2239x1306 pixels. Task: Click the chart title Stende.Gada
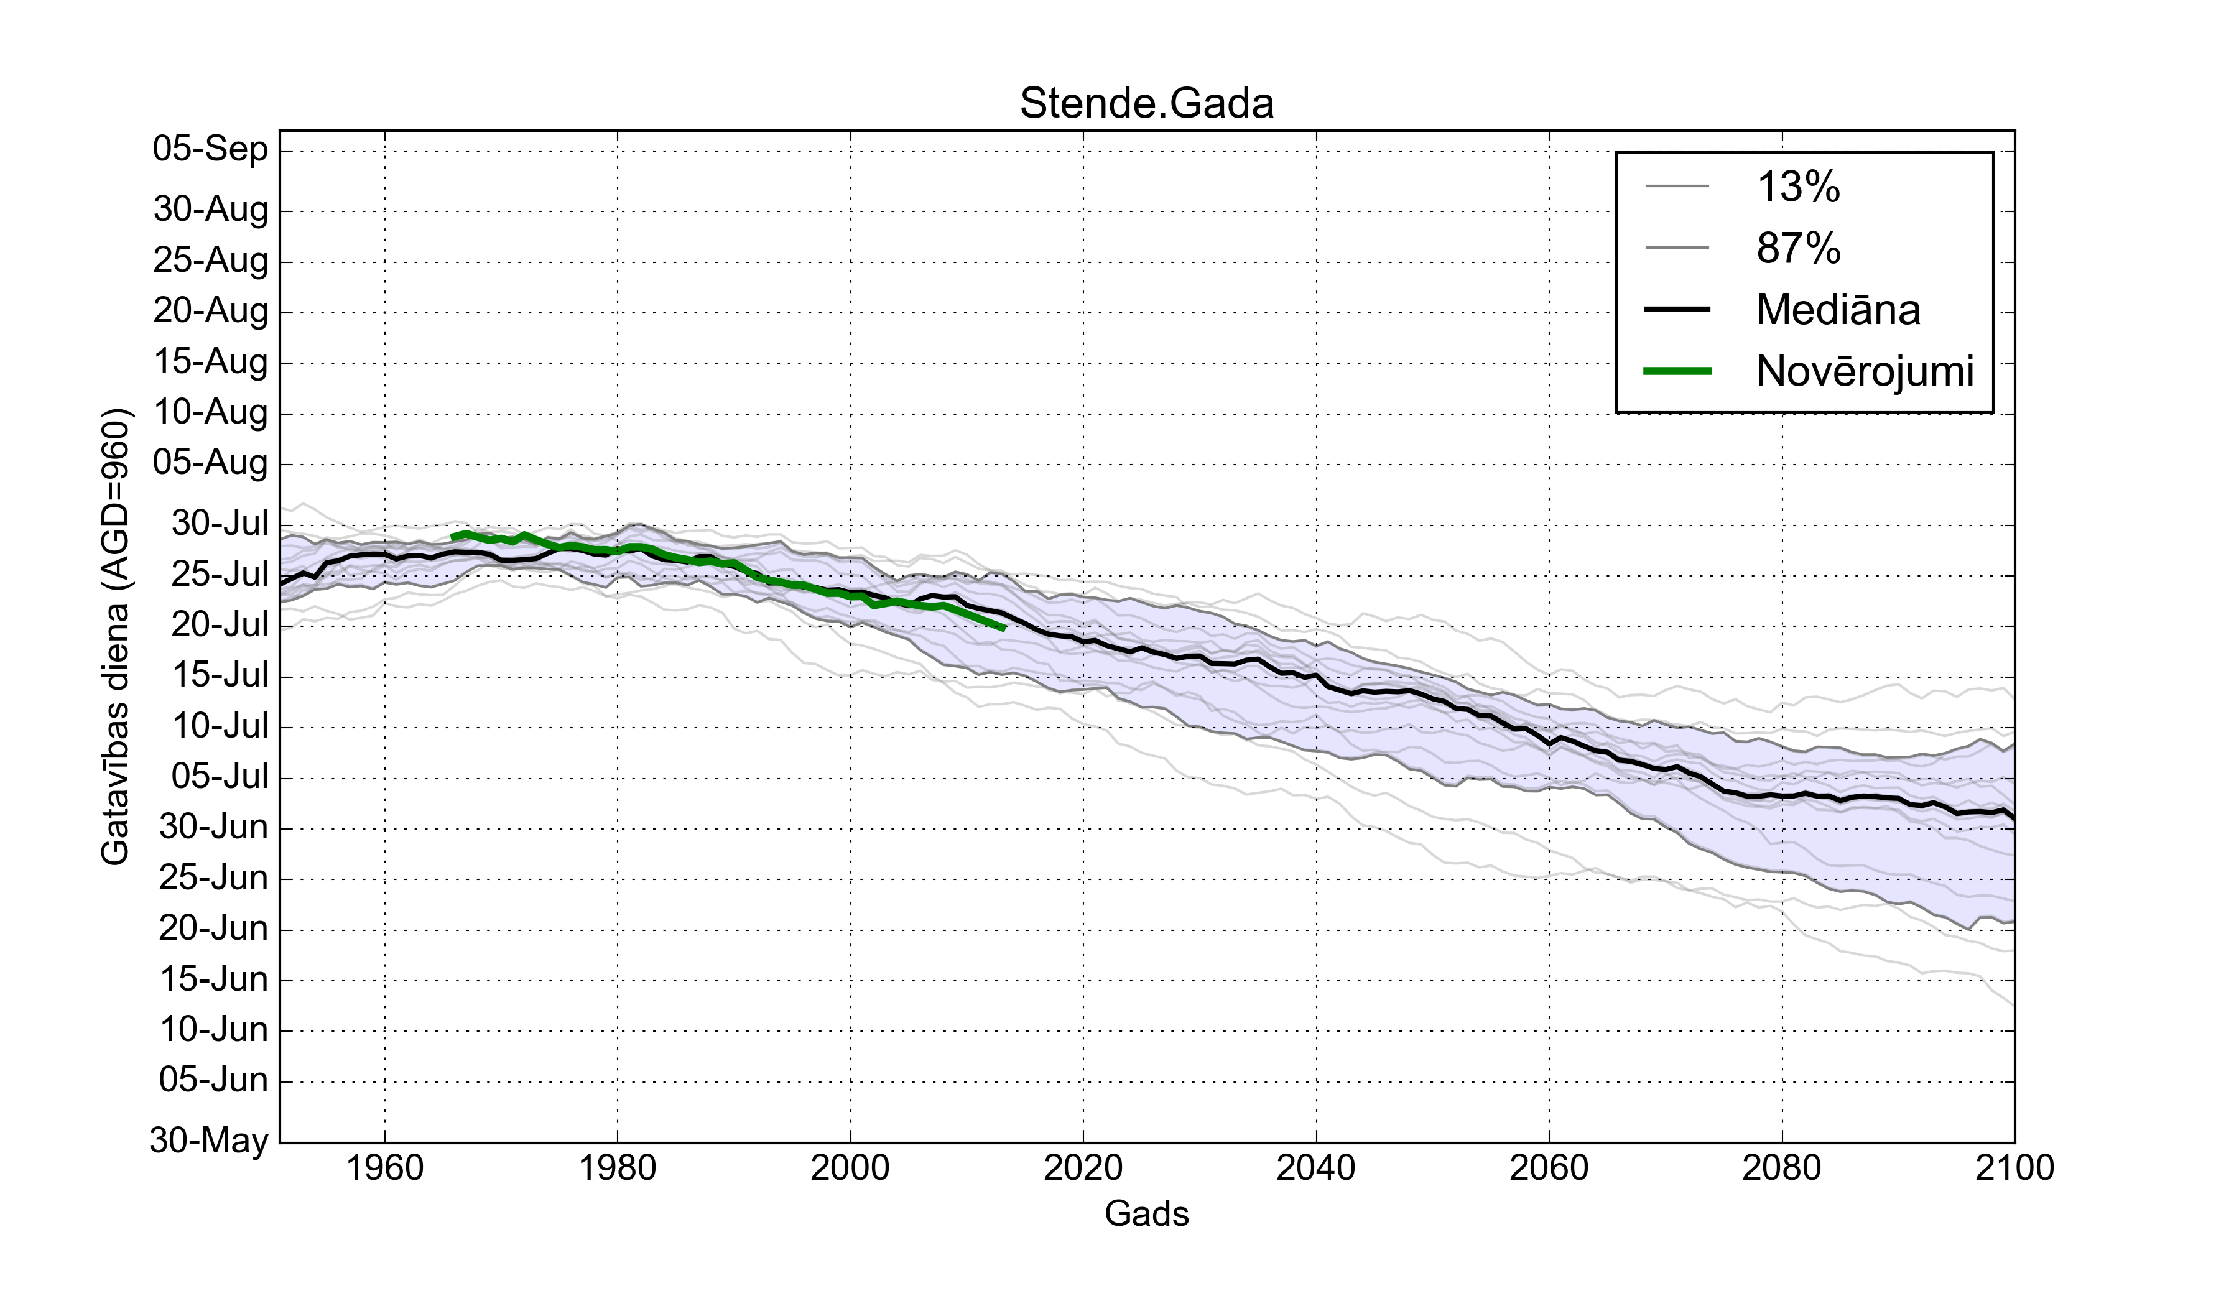(1146, 103)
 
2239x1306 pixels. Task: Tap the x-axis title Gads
(1146, 1213)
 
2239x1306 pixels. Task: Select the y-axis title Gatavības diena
(116, 636)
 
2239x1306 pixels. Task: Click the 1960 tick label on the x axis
(385, 1167)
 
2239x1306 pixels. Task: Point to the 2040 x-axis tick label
(1316, 1167)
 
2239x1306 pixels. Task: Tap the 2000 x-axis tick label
(850, 1167)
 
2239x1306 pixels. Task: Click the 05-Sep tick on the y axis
(211, 149)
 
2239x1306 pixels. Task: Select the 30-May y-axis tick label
(209, 1140)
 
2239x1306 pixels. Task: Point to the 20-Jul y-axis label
(220, 624)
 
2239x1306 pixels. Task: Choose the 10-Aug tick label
(211, 412)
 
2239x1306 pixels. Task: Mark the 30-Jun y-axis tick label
(213, 827)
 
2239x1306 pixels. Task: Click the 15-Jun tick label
(213, 979)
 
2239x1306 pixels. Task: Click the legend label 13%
(1798, 187)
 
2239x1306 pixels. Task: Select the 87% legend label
(1798, 248)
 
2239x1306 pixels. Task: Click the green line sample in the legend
(1677, 371)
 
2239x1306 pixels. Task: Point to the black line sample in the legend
(1677, 309)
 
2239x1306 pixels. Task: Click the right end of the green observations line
(1003, 628)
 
